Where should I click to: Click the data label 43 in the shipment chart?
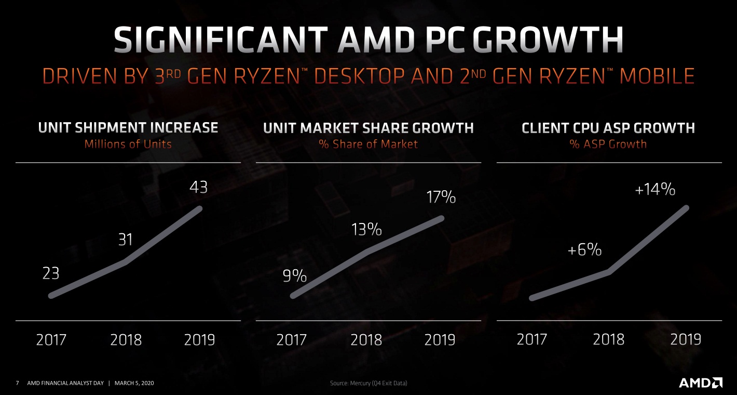pos(198,187)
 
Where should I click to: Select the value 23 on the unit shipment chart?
pos(51,273)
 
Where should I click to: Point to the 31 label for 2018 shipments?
pos(125,240)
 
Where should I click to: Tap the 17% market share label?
pos(441,197)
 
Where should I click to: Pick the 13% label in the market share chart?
pos(367,229)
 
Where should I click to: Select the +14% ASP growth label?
pos(655,190)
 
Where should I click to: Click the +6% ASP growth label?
pos(584,250)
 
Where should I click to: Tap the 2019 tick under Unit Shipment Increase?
pos(199,340)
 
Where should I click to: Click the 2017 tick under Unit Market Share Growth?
pos(292,340)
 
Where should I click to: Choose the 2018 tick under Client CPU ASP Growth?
pos(608,340)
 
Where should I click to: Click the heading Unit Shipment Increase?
pos(128,127)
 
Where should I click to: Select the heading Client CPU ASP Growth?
pos(608,127)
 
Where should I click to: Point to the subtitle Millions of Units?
pos(128,144)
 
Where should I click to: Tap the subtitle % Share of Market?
pos(368,144)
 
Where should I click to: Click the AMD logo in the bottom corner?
pos(700,383)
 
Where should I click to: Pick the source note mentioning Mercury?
pos(368,384)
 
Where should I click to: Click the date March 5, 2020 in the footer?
pos(134,384)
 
